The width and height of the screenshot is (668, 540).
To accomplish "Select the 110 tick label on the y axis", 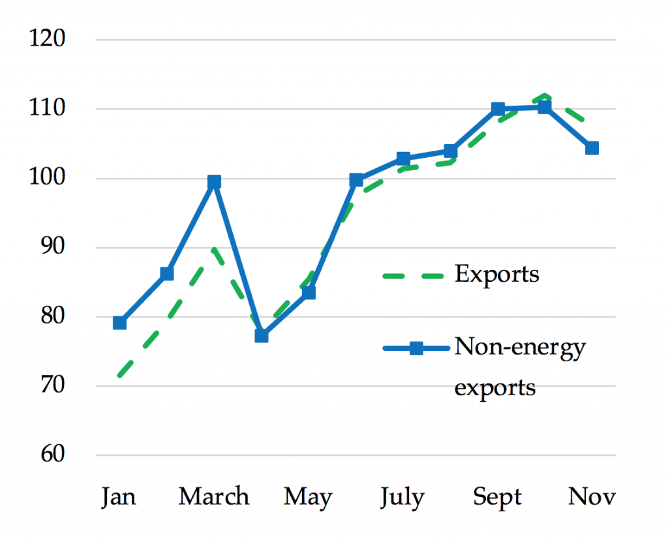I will pos(49,109).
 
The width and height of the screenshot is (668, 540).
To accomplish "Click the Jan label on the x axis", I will pos(119,497).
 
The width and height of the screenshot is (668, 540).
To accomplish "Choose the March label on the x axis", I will pos(214,497).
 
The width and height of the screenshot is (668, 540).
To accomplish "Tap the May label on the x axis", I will pos(308,498).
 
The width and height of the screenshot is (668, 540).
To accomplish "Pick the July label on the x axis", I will pos(402,498).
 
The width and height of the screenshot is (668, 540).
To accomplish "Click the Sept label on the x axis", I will pos(498,498).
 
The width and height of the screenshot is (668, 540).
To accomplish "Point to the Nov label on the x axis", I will pos(592,497).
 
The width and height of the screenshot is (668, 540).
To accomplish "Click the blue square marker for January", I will pos(119,322).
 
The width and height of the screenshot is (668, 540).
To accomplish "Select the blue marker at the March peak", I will pos(214,182).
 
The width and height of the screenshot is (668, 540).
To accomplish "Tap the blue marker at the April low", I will pos(262,336).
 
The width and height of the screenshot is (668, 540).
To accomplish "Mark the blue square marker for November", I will pos(592,148).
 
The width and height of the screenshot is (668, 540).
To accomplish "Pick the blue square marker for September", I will pos(498,109).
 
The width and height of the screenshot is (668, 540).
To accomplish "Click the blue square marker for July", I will pos(403,159).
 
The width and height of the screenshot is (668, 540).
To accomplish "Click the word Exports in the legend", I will pos(497,275).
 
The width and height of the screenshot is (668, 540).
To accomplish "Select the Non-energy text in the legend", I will pos(520,348).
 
